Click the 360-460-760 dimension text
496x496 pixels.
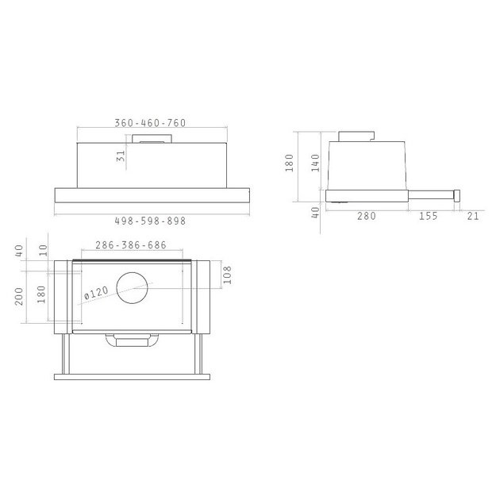click(x=150, y=123)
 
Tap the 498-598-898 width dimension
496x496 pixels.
click(x=150, y=221)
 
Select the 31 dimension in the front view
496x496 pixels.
click(x=121, y=156)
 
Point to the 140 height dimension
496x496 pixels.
click(x=316, y=163)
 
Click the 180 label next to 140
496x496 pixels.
click(x=289, y=163)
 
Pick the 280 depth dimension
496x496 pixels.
click(x=367, y=216)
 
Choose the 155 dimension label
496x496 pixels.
click(x=429, y=216)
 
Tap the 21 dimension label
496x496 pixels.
click(x=473, y=216)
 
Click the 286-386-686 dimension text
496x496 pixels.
click(x=131, y=245)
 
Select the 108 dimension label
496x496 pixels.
click(x=227, y=275)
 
